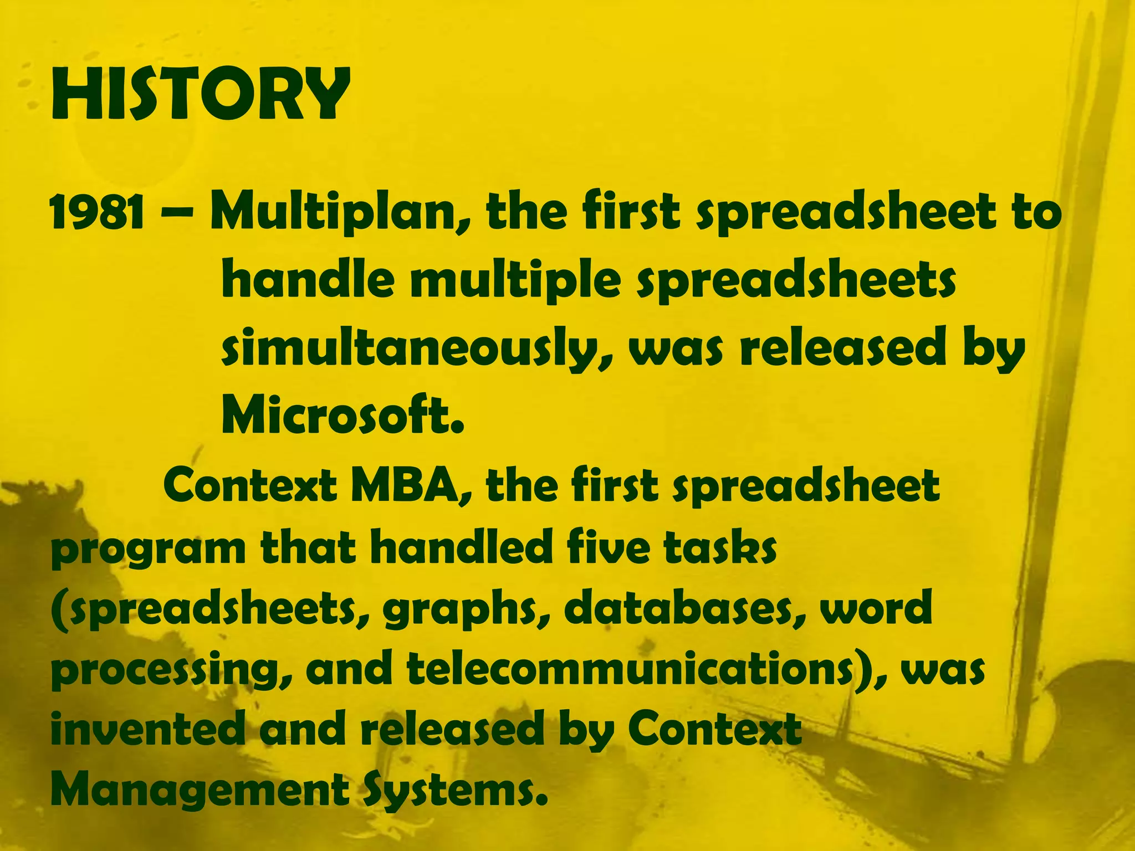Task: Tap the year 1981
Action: (x=97, y=213)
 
